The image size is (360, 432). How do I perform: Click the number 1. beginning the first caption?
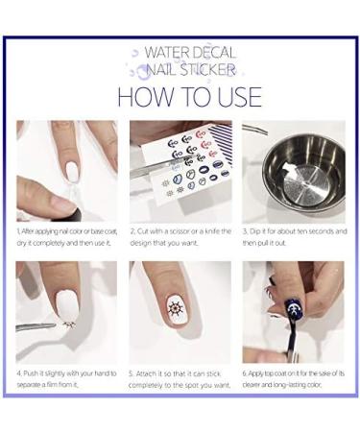pos(18,232)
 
